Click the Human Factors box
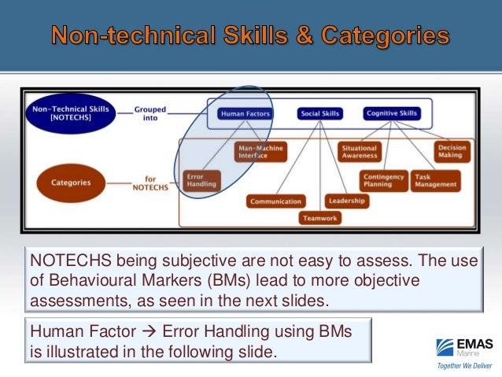245,113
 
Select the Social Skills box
319,113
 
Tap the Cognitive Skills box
392,113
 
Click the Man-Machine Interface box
260,151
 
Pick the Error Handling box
200,179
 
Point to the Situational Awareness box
359,151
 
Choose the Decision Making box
452,151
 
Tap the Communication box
275,201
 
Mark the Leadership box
345,201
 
